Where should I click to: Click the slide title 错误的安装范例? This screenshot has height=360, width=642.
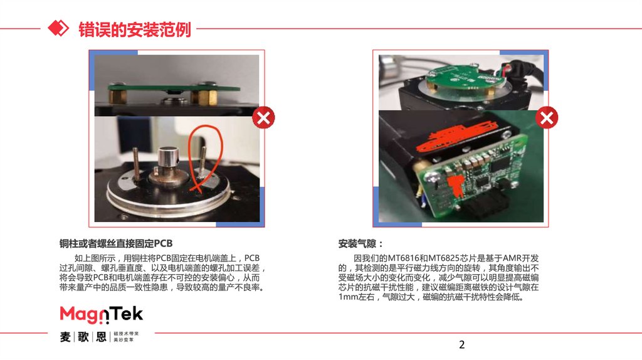coord(135,29)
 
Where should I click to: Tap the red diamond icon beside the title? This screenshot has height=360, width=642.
coord(58,28)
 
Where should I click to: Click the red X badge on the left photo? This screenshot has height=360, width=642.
coord(263,118)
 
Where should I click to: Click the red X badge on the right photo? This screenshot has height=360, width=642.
coord(547,118)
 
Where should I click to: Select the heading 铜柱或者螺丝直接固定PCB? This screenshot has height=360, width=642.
coord(116,243)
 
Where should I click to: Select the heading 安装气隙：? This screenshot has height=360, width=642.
coord(360,244)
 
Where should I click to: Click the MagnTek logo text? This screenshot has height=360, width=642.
coord(101,315)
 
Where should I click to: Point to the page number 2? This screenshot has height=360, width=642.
coord(462,344)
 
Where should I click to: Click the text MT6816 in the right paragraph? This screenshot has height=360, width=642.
coord(403,258)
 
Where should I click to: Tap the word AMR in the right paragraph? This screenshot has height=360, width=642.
coord(512,258)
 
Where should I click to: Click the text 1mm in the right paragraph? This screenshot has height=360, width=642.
coord(347,297)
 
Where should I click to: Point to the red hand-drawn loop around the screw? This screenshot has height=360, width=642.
coord(205,157)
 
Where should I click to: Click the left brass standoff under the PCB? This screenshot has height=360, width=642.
coord(117,97)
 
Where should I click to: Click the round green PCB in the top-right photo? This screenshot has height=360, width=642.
coord(458,77)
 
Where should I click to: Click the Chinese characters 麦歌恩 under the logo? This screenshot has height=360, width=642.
coord(83,337)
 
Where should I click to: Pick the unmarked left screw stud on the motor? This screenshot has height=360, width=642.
coord(136,164)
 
